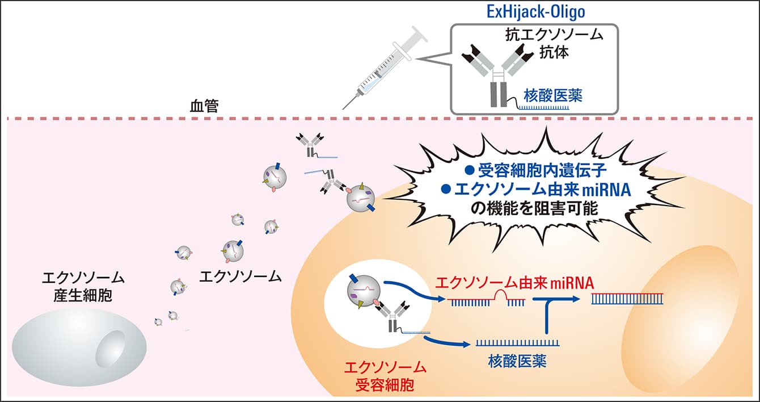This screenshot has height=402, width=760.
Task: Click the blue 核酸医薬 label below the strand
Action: coord(517,361)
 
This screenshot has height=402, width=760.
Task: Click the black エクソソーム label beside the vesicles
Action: coord(240,277)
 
